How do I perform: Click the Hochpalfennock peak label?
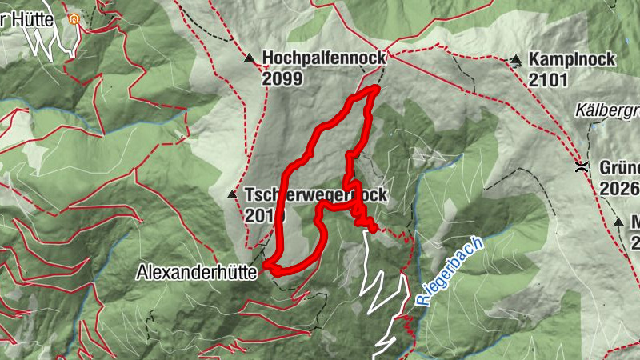pyautogui.click(x=323, y=58)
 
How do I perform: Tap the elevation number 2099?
pyautogui.click(x=282, y=78)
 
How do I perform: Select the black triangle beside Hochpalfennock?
pyautogui.click(x=249, y=58)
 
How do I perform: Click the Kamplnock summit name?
pyautogui.click(x=571, y=59)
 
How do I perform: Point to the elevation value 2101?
pyautogui.click(x=548, y=79)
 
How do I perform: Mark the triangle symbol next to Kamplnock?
pyautogui.click(x=516, y=60)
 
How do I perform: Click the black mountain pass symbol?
pyautogui.click(x=582, y=167)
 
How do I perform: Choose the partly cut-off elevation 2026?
pyautogui.click(x=622, y=188)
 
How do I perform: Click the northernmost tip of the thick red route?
pyautogui.click(x=374, y=89)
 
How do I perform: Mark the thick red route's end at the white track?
pyautogui.click(x=373, y=228)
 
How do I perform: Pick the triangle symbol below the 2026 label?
pyautogui.click(x=618, y=221)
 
